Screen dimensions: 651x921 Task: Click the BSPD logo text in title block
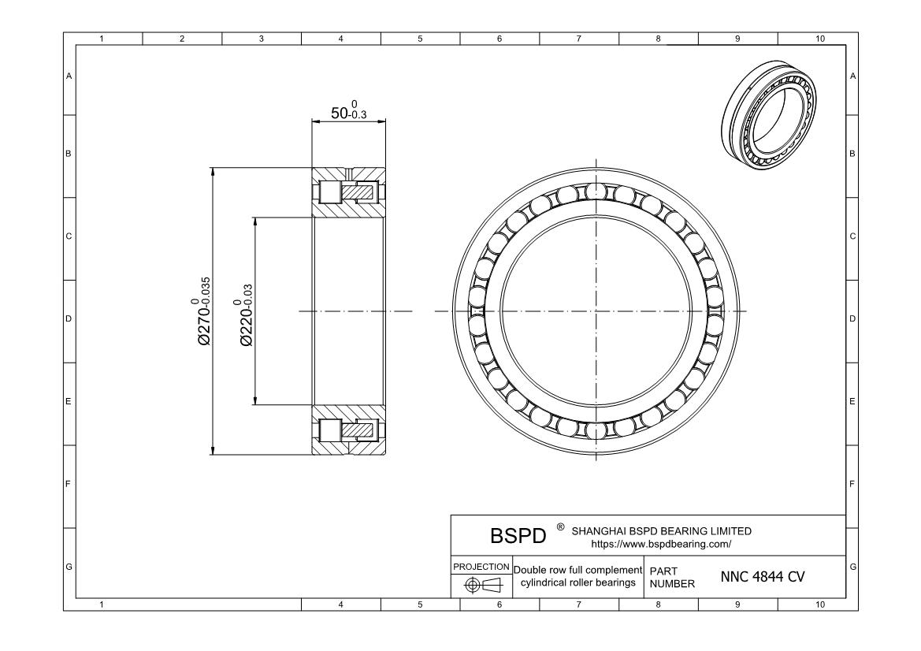click(x=518, y=536)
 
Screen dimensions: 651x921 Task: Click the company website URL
click(x=661, y=544)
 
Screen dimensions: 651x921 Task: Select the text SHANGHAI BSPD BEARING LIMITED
click(x=661, y=530)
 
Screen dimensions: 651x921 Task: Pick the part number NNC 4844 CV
click(x=762, y=577)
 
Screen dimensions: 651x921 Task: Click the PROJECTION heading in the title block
click(x=481, y=567)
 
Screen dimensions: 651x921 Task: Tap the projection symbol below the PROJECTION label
click(x=481, y=585)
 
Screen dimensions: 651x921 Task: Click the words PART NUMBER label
click(x=672, y=577)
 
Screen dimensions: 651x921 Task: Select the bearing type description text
click(x=577, y=577)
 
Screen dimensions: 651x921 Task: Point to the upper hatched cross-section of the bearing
click(x=349, y=193)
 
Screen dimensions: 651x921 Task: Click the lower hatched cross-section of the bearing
click(x=349, y=430)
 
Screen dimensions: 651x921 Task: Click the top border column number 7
click(x=579, y=39)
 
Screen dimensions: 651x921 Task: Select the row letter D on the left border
click(x=69, y=319)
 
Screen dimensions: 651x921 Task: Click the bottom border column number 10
click(x=819, y=604)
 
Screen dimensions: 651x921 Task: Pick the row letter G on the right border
click(x=853, y=567)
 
